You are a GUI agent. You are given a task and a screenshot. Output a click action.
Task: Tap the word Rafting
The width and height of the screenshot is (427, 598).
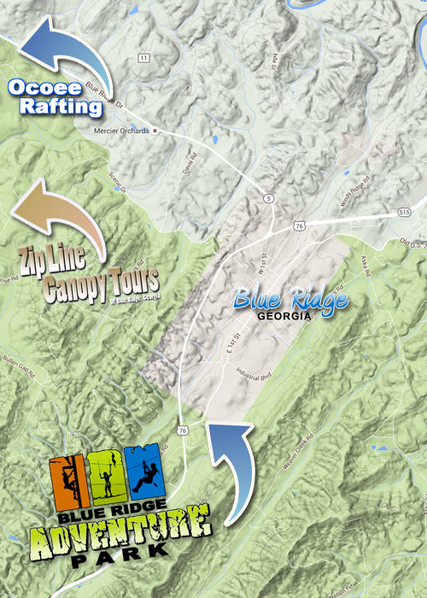coord(55,107)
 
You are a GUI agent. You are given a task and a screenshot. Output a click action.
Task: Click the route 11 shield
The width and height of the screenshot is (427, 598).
coord(142,57)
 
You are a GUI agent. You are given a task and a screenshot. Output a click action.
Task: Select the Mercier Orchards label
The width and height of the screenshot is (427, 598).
coord(120,131)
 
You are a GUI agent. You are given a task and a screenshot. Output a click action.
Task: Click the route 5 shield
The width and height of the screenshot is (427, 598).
coord(269,198)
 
